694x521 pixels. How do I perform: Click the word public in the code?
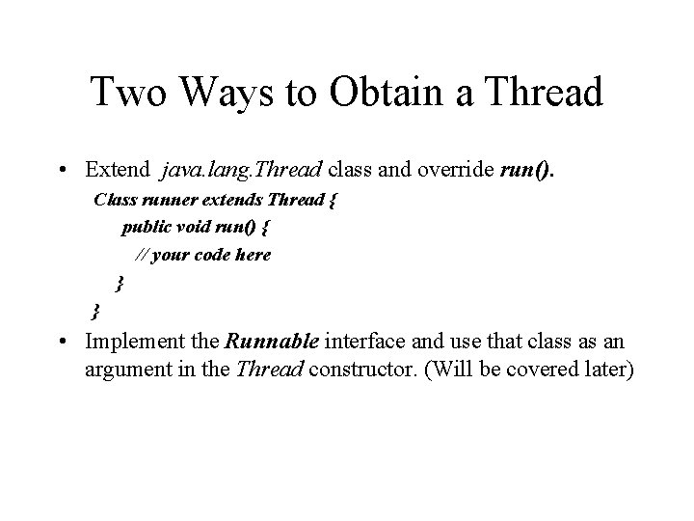click(x=147, y=229)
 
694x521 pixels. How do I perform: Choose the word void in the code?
click(x=200, y=229)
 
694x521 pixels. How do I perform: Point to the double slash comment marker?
click(x=140, y=256)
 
